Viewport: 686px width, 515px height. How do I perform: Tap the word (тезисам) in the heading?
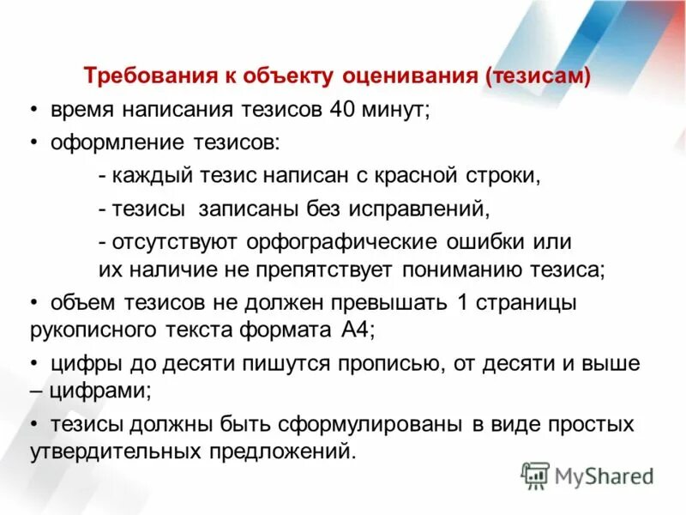tap(538, 76)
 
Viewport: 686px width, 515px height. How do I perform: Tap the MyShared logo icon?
tap(536, 475)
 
